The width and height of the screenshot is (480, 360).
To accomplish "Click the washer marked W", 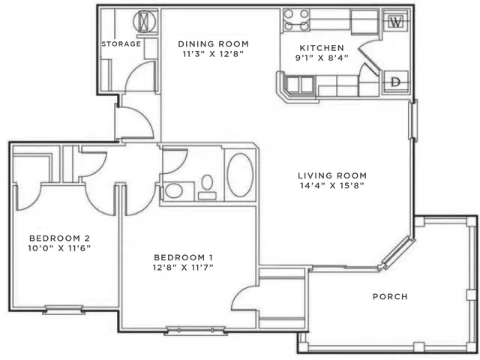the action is [396, 22].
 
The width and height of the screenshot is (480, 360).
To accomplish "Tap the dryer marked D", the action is [396, 82].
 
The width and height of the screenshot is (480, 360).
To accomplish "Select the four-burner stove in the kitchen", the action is [296, 20].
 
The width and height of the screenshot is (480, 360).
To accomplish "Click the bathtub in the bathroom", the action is [240, 175].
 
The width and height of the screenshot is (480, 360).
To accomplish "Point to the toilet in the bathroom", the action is [207, 187].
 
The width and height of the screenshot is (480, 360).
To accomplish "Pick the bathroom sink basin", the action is [174, 191].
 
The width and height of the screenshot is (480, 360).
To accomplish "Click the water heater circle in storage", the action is [145, 22].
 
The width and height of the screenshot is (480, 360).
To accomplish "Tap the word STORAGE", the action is [121, 44].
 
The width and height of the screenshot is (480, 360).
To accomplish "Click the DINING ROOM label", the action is [213, 44].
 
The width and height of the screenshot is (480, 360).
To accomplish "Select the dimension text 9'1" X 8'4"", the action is [322, 58].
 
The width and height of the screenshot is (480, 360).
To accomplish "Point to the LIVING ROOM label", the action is [332, 175].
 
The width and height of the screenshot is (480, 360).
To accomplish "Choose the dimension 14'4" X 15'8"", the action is [332, 185].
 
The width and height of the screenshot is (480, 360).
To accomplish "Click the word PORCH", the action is [390, 297].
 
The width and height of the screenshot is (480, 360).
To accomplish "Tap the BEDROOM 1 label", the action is [183, 257].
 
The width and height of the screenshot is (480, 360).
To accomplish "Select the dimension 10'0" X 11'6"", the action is [59, 248].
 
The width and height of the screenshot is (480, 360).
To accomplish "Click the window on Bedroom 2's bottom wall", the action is [63, 310].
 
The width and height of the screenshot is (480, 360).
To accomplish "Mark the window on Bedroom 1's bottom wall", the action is [195, 331].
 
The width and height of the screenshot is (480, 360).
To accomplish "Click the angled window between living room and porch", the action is [398, 252].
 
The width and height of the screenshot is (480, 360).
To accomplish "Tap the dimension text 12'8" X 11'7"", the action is [183, 268].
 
